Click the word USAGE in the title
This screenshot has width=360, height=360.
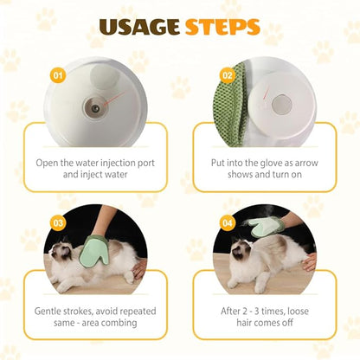tap(139, 27)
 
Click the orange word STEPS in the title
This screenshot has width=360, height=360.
tap(222, 27)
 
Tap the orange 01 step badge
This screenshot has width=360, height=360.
tap(58, 75)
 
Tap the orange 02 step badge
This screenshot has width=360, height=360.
tap(228, 75)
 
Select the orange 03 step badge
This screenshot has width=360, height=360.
tap(58, 223)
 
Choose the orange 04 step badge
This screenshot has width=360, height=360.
tap(228, 223)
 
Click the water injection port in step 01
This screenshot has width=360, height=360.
tap(95, 108)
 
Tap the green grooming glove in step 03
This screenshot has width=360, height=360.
tap(93, 250)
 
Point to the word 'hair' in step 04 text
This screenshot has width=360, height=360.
tap(244, 323)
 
